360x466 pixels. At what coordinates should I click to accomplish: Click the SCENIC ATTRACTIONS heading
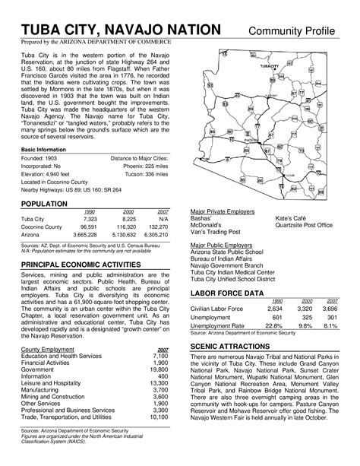[229, 346]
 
